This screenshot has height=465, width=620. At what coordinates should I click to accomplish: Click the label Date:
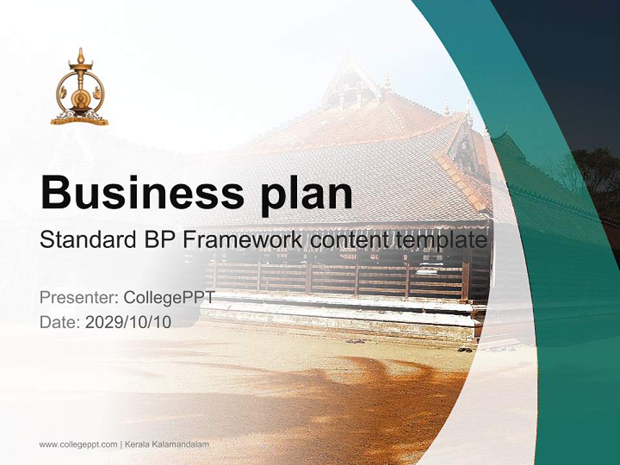pos(60,322)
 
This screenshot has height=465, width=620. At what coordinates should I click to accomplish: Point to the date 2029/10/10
pos(129,322)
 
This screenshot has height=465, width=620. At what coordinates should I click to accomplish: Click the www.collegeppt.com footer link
pos(78,444)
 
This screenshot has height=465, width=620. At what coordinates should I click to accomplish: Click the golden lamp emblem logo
pos(79,90)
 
